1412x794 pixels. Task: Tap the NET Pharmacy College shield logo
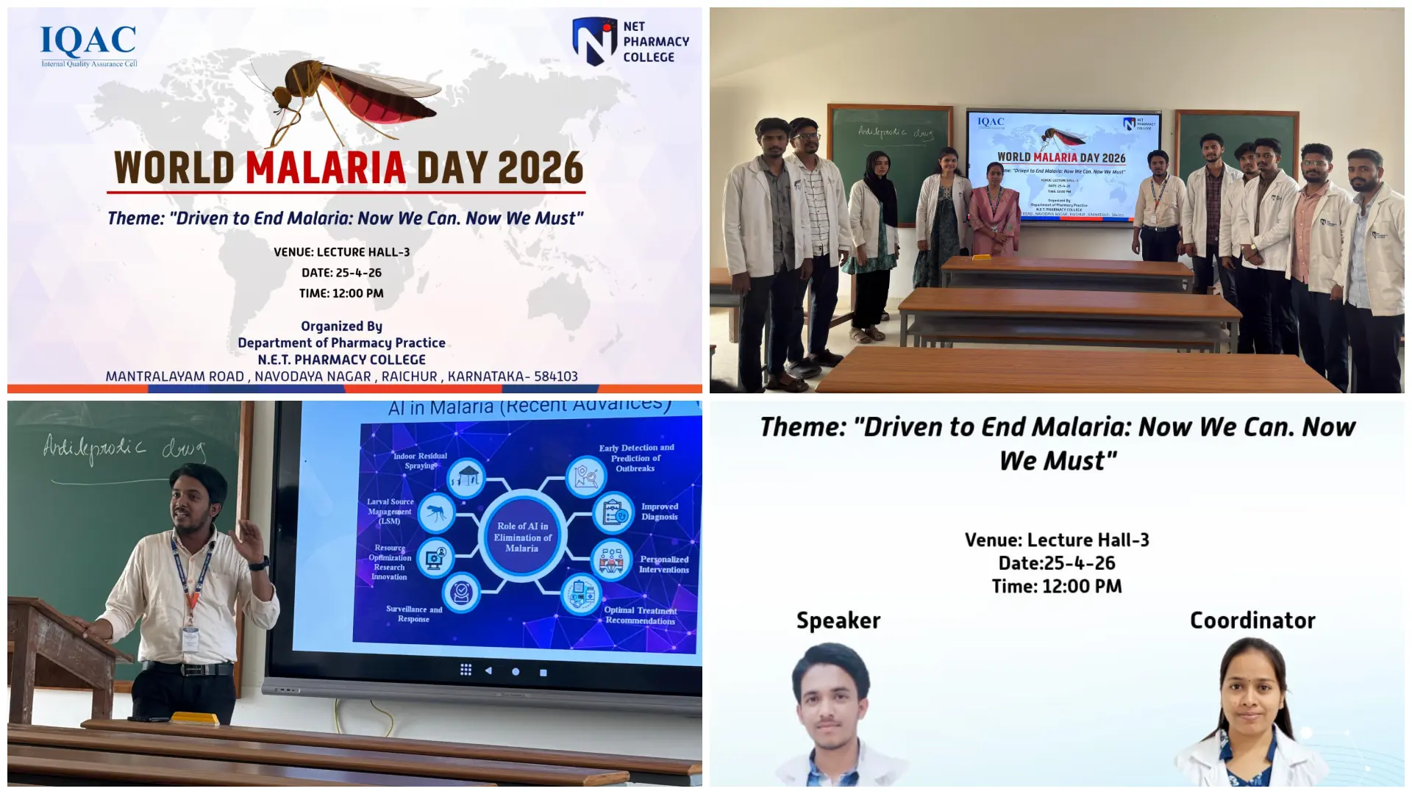pos(594,41)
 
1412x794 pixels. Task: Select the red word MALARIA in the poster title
pos(326,168)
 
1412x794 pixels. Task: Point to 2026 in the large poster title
pos(541,168)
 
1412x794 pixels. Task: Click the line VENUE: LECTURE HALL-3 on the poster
pos(342,252)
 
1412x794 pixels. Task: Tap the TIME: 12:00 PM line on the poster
pos(341,293)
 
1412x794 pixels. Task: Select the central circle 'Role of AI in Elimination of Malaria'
pos(522,537)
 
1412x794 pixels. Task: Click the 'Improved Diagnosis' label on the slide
pos(660,512)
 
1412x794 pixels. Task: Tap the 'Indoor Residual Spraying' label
pos(420,461)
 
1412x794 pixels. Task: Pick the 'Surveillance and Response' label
pos(414,614)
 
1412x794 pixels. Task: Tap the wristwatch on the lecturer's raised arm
pos(259,564)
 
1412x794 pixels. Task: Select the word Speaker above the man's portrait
pos(838,620)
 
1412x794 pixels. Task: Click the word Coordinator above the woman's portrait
pos(1252,620)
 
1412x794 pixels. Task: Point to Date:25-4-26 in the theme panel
pos(1057,563)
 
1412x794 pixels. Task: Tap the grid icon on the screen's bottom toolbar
pos(466,670)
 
